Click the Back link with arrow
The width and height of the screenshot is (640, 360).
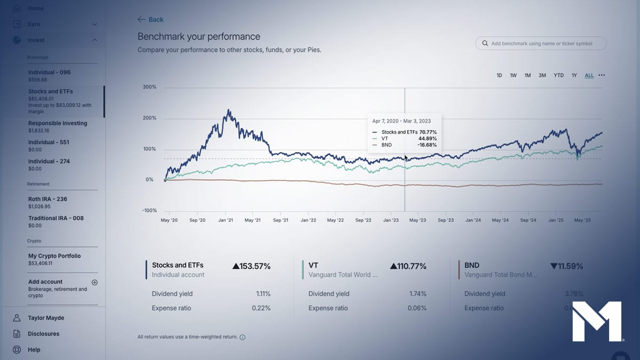[x=150, y=20]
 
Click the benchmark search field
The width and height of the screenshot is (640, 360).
[x=541, y=43]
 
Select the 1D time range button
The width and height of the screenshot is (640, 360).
[x=499, y=76]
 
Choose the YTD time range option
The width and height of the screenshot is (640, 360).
[x=558, y=76]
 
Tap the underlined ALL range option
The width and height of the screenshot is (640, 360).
[x=589, y=76]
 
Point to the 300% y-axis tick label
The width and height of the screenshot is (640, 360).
[x=149, y=87]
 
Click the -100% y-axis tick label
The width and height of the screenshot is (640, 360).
[x=149, y=211]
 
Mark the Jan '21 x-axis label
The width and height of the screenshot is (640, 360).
[x=226, y=220]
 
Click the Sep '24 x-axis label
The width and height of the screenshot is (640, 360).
[x=528, y=220]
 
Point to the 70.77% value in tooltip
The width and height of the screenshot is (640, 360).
[x=428, y=132]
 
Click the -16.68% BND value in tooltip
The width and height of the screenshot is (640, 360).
[x=428, y=145]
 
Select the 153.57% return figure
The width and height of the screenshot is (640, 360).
[x=252, y=266]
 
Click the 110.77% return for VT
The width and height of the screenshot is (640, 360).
[x=408, y=266]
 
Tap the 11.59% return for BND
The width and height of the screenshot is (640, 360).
[x=566, y=266]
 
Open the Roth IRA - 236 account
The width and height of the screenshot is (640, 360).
[x=47, y=199]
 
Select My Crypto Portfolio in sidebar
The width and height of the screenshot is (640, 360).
[x=54, y=256]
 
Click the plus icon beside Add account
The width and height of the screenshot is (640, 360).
[x=94, y=282]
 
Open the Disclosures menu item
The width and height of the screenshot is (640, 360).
[x=43, y=334]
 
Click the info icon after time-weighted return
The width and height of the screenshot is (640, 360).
[x=243, y=338]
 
